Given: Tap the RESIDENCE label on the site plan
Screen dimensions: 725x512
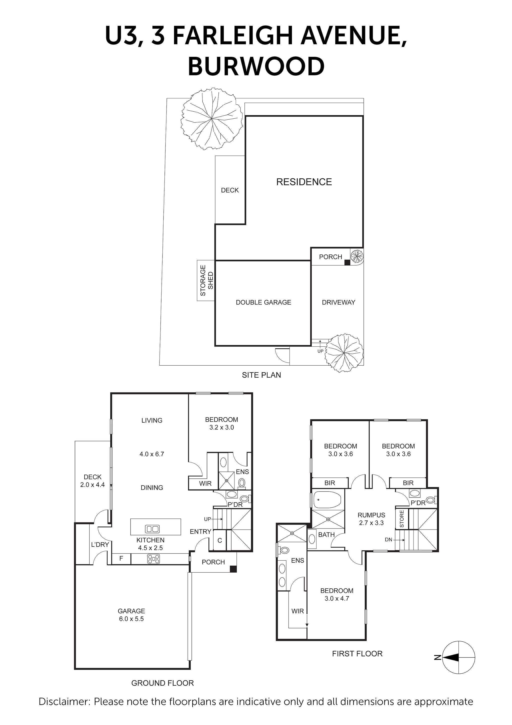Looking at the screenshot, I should tap(304, 182).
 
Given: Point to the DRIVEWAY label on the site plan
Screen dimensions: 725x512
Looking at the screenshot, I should tap(338, 302).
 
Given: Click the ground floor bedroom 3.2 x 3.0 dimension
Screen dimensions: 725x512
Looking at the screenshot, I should tap(221, 427).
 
